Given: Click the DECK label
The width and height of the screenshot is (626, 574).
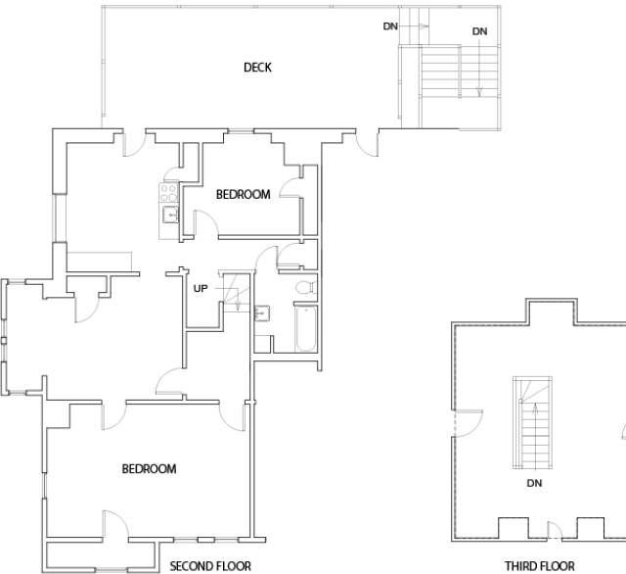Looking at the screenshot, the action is (x=257, y=68).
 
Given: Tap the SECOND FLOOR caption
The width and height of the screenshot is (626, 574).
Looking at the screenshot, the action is (x=210, y=566).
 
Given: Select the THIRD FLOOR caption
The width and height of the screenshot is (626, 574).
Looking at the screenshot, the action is (x=540, y=566).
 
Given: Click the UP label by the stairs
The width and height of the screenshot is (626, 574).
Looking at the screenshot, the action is (x=201, y=288).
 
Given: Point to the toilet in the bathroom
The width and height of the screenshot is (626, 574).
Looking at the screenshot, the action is (x=306, y=287).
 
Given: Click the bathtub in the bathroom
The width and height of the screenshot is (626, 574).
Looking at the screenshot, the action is (x=306, y=328).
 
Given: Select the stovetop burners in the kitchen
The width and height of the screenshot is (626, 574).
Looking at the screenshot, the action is (x=169, y=192).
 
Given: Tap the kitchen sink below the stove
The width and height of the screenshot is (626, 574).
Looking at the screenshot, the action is (x=170, y=215).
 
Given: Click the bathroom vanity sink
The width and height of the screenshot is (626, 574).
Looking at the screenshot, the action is (x=261, y=313).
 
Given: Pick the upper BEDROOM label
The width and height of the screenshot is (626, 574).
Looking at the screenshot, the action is (x=244, y=194).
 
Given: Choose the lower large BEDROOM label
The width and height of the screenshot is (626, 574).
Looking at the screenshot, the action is (x=149, y=468).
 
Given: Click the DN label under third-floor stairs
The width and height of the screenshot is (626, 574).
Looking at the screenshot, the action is (x=534, y=483).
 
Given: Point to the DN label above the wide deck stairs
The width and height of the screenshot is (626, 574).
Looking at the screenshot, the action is (x=479, y=31).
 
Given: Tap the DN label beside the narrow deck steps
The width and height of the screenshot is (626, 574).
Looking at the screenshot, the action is (x=390, y=26).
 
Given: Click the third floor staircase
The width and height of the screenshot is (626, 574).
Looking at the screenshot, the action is (x=532, y=422).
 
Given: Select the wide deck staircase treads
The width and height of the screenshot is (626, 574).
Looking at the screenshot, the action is (x=459, y=72).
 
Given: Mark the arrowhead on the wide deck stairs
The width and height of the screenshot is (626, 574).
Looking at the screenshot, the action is (x=479, y=92).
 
